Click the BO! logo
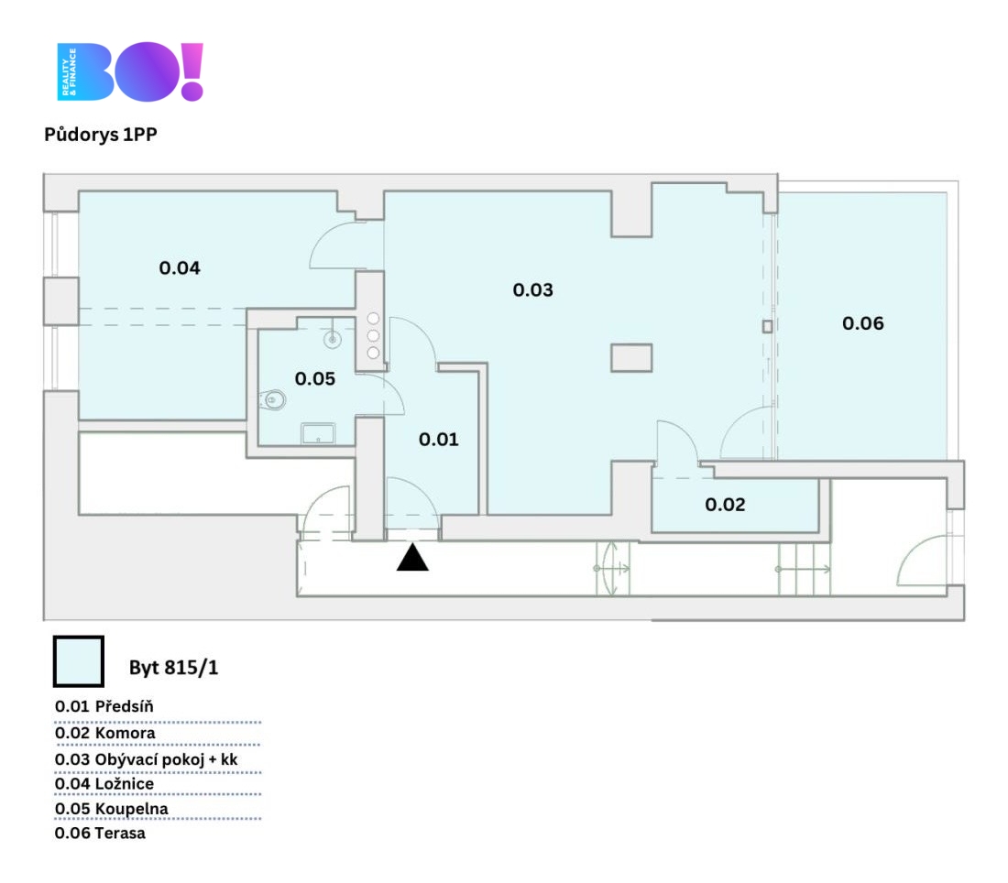tap(130, 71)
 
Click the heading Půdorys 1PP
tap(101, 135)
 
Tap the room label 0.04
tap(180, 267)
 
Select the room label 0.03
tap(533, 289)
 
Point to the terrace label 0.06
tap(863, 323)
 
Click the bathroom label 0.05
tap(315, 378)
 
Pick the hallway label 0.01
tap(438, 440)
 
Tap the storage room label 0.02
tap(725, 505)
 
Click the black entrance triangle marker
tap(412, 557)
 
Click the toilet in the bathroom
tap(273, 400)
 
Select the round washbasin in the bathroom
tap(333, 339)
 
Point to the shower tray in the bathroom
tap(318, 433)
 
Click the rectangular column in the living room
tap(631, 358)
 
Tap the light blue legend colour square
tap(79, 661)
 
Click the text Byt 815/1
tap(173, 668)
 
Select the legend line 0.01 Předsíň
tap(104, 706)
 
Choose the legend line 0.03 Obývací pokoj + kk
tap(146, 759)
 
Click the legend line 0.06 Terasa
tap(100, 833)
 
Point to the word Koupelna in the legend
tap(132, 809)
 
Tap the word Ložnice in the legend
tap(125, 784)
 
